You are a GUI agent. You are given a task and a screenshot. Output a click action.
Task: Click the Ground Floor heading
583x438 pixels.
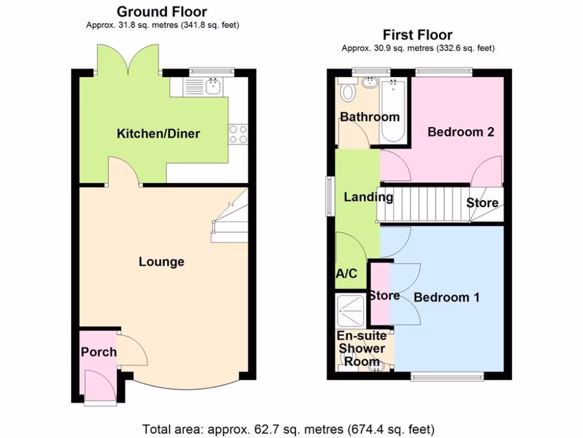(162, 11)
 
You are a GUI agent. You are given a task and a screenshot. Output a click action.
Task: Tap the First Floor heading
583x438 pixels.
(418, 35)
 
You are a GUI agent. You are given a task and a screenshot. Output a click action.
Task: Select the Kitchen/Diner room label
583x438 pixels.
(158, 134)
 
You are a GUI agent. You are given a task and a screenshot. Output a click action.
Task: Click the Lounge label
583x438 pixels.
(162, 262)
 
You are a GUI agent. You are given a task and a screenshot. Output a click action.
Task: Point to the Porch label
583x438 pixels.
(98, 352)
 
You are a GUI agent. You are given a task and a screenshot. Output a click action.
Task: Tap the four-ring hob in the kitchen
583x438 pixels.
(238, 134)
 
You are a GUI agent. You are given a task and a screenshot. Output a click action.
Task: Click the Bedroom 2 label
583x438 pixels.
(461, 132)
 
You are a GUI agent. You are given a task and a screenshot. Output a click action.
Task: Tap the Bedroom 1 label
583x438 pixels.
(446, 297)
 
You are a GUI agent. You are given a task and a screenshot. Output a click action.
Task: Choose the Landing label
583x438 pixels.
(368, 197)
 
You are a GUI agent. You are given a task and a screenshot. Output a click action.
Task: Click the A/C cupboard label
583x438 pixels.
(346, 274)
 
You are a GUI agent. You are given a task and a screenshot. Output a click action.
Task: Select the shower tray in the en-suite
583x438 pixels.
(352, 309)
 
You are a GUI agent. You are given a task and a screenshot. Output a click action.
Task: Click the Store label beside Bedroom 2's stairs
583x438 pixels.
(482, 202)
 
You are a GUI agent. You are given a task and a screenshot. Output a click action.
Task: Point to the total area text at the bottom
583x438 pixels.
(289, 429)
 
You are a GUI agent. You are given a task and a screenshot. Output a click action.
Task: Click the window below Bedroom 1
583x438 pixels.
(447, 376)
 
